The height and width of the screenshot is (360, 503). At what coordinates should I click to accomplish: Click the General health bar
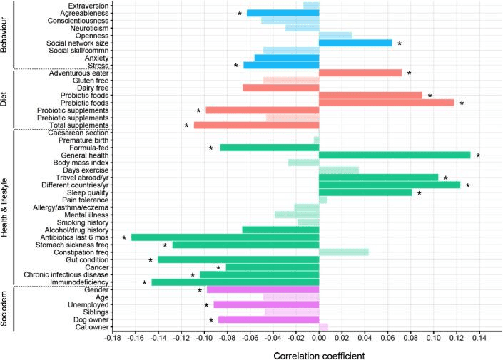click(x=395, y=155)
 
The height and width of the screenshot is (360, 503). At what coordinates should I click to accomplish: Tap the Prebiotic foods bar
click(x=386, y=103)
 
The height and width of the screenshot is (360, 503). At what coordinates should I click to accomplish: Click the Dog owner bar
click(x=268, y=319)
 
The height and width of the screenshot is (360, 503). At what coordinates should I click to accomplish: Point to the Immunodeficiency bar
click(x=235, y=282)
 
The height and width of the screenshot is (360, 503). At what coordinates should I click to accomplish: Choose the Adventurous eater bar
click(x=360, y=73)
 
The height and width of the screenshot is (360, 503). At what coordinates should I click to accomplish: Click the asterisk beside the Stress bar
click(x=235, y=66)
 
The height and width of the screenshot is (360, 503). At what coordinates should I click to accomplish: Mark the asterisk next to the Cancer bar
click(x=218, y=268)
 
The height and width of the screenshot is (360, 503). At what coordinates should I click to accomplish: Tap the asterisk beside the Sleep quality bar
click(x=420, y=193)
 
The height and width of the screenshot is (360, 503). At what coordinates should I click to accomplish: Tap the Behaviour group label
click(x=6, y=36)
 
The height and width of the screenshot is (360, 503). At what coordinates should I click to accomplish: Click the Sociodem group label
click(x=6, y=308)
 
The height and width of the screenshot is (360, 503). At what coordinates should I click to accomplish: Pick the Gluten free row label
click(x=89, y=81)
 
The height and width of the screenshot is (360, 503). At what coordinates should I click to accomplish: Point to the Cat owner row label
click(x=90, y=327)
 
